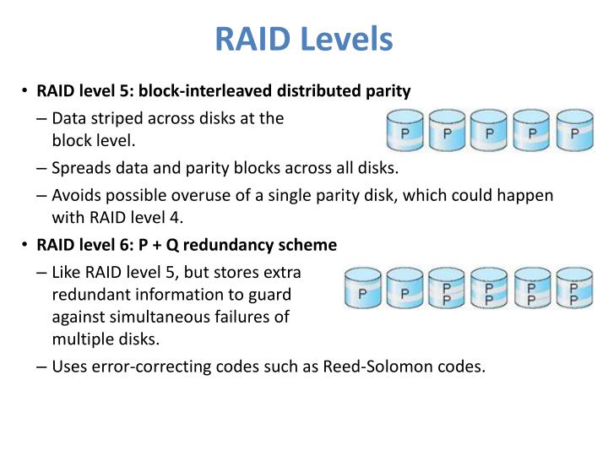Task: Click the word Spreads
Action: tap(79, 168)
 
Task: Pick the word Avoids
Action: tap(75, 197)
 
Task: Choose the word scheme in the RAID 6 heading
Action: tap(309, 246)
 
